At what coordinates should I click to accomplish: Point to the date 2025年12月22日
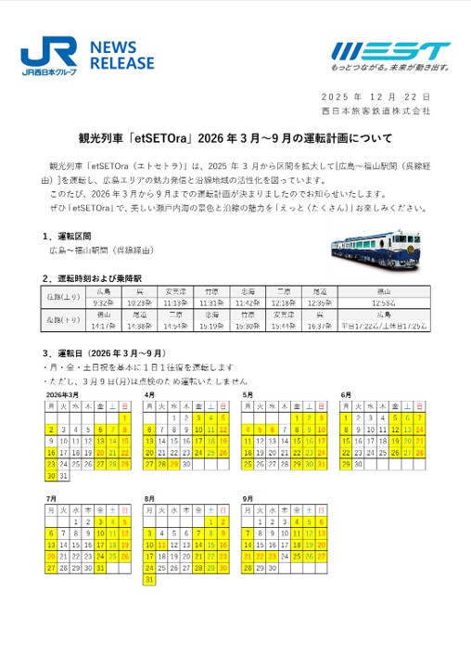pyautogui.click(x=375, y=97)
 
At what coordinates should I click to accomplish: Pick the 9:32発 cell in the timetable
pyautogui.click(x=103, y=302)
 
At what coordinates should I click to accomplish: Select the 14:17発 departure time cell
pyautogui.click(x=103, y=327)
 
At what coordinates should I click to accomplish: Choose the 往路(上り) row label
pyautogui.click(x=64, y=297)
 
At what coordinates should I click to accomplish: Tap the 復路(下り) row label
pyautogui.click(x=64, y=321)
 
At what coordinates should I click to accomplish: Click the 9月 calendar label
pyautogui.click(x=248, y=499)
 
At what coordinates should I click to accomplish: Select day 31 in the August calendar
pyautogui.click(x=150, y=579)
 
